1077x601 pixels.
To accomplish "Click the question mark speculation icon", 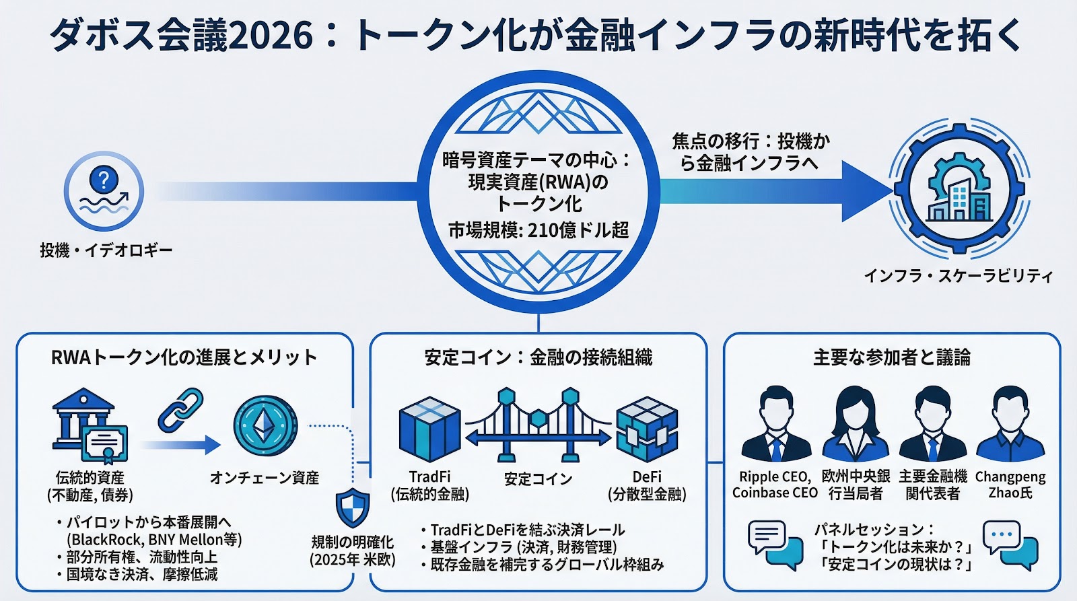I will click(104, 191).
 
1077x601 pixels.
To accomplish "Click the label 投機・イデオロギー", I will click(106, 250).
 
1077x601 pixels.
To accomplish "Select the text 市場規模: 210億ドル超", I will click(538, 231).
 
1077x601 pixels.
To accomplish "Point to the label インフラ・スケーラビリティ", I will click(958, 276).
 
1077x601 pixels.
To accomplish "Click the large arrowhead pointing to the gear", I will click(864, 191).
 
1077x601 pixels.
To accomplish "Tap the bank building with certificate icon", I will click(90, 423).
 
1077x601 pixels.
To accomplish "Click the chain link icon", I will click(180, 410).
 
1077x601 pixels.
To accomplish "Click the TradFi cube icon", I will click(429, 429).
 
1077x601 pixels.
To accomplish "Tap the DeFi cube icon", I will click(646, 429).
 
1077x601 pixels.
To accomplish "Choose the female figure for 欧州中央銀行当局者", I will click(855, 423).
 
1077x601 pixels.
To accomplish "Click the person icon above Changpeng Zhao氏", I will click(1010, 423).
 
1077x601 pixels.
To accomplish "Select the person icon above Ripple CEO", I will click(776, 423).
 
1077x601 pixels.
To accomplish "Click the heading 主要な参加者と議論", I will click(891, 357).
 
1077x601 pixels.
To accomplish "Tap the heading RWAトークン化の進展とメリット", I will click(184, 357).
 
